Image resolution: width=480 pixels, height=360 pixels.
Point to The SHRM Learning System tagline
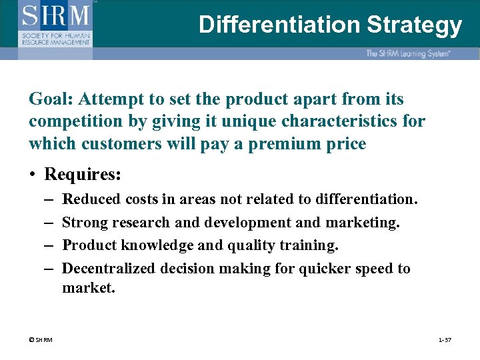click(x=408, y=53)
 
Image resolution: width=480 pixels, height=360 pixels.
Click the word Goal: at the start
click(x=51, y=99)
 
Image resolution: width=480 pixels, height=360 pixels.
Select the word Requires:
click(x=83, y=175)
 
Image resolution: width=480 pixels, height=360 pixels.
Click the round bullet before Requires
click(x=33, y=175)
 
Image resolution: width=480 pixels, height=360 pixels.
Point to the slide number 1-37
click(x=445, y=340)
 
